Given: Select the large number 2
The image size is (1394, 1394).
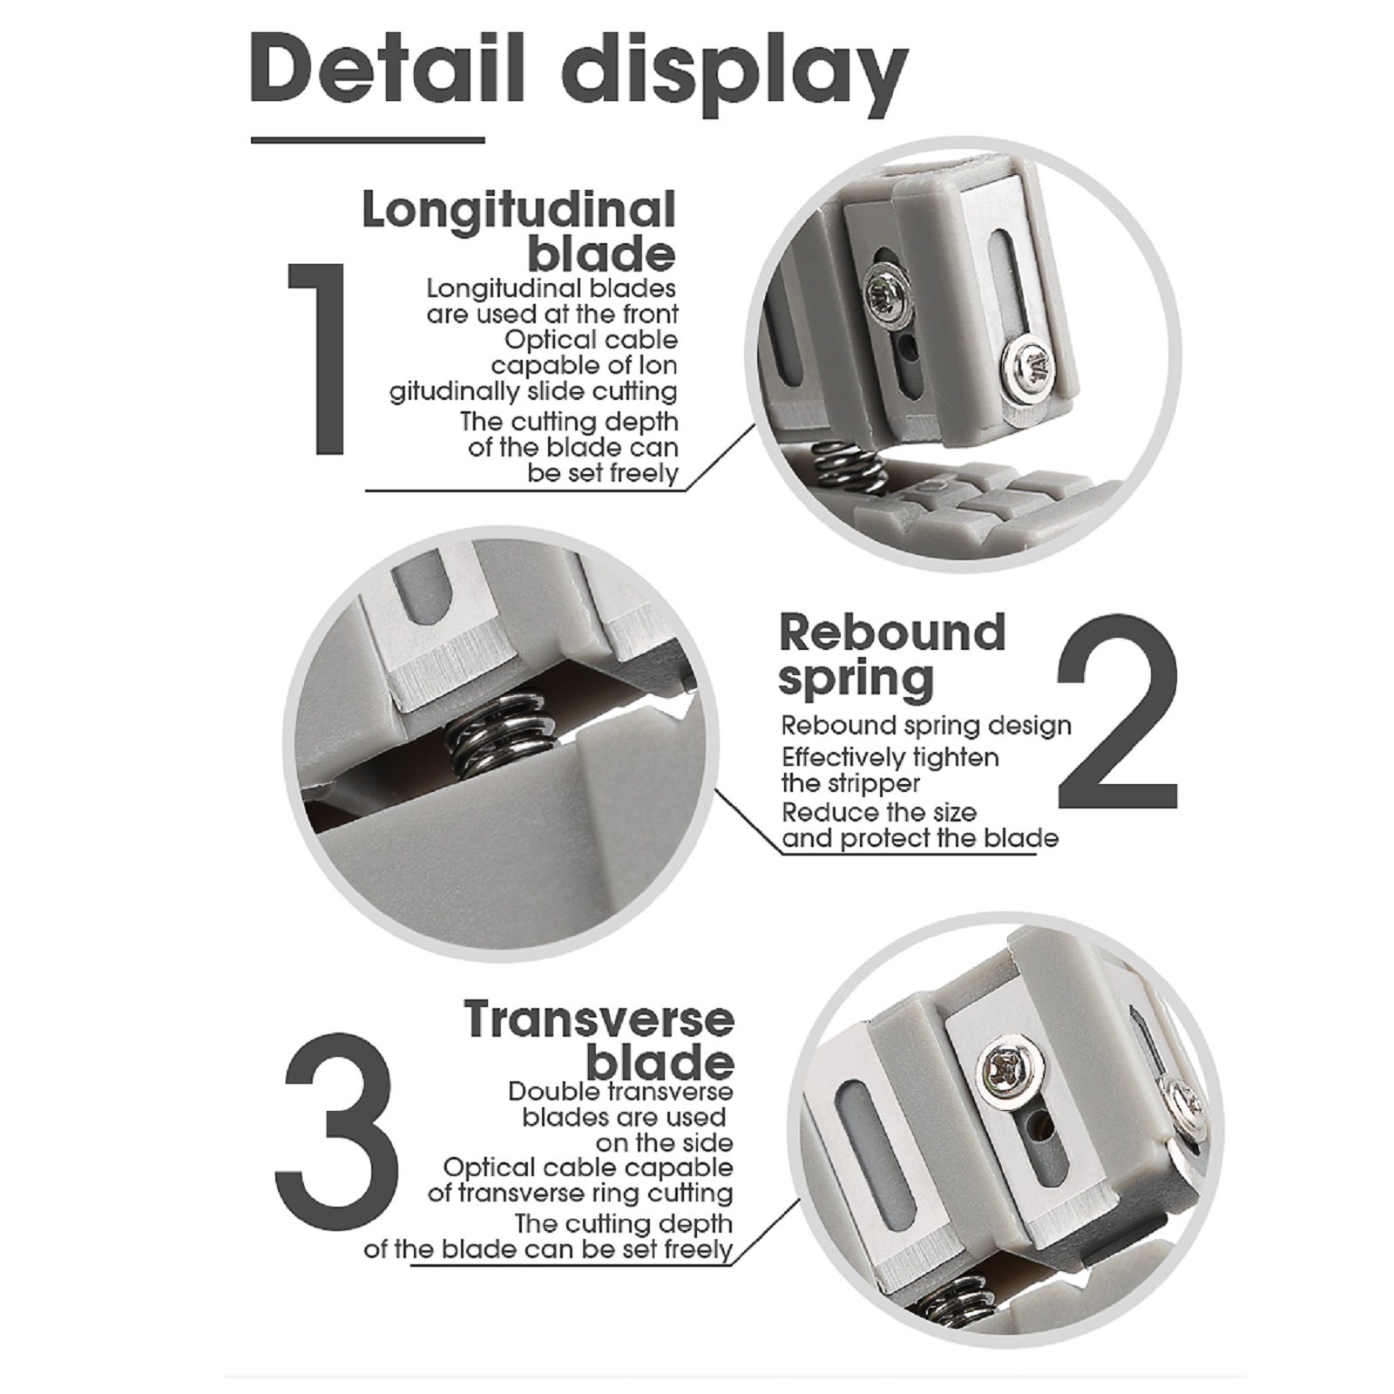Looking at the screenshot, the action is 1118,711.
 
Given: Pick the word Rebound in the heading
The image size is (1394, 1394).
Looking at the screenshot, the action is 892,633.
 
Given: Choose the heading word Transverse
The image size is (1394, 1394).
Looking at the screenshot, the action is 599,1020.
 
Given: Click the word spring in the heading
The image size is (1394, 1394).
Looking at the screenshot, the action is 856,680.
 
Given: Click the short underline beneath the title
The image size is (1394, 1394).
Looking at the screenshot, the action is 368,139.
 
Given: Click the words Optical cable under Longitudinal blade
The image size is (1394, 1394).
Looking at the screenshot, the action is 591,340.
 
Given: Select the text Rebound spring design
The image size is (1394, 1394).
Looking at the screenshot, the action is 926,726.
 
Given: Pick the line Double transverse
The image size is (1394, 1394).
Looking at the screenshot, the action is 620,1092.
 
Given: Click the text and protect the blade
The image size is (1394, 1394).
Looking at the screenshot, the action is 920,839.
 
